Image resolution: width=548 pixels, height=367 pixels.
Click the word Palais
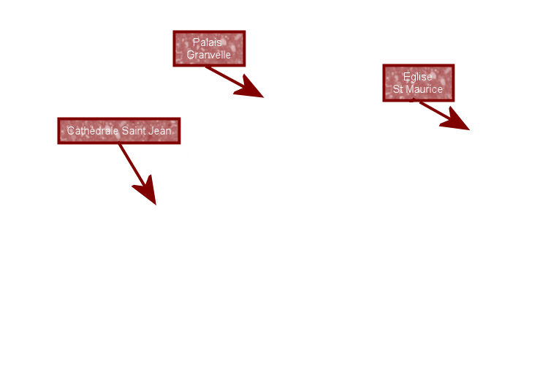[208, 42]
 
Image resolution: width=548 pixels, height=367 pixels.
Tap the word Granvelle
[208, 55]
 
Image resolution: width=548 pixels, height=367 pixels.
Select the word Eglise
[417, 76]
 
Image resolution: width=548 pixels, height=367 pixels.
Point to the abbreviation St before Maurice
[398, 88]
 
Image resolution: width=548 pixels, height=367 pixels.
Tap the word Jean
[161, 131]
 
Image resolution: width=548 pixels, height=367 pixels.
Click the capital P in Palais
[196, 42]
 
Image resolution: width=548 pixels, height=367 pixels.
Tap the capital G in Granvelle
[191, 55]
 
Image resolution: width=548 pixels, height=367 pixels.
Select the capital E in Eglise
[406, 76]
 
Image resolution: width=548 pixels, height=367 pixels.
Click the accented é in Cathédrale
[92, 131]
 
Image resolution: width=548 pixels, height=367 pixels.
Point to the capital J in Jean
[153, 131]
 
